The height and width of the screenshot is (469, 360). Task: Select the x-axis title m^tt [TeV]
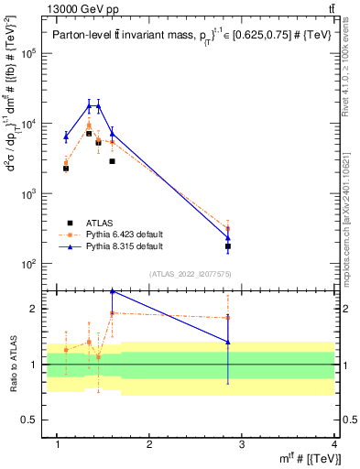[x=311, y=458]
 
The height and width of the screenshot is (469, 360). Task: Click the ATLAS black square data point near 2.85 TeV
[x=228, y=246]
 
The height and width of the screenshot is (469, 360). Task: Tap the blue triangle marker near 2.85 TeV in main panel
[x=228, y=238]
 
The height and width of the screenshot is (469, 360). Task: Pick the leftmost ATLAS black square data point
[x=66, y=169]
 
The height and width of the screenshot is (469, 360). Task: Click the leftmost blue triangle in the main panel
[x=66, y=137]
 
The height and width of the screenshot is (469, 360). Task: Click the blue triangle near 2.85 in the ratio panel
[x=228, y=342]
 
